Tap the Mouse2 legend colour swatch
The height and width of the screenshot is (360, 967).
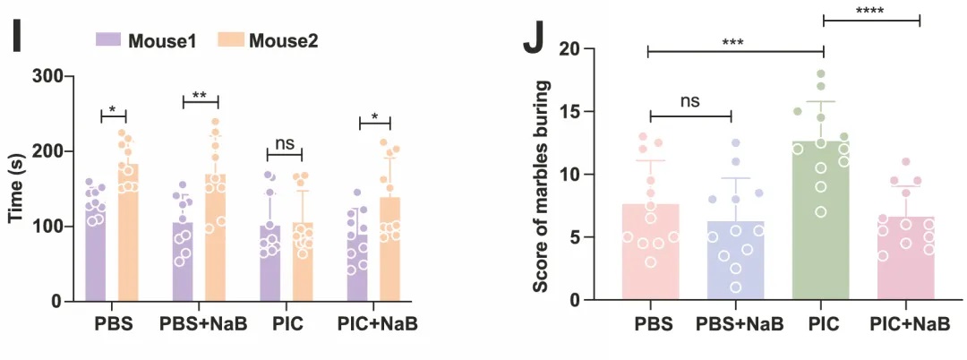coord(230,39)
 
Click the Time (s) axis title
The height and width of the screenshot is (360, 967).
coord(15,188)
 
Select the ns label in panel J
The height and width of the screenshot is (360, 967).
coord(689,102)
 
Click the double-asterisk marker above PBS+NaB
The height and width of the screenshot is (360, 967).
coord(200,94)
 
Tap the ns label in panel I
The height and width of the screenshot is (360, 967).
coord(285,141)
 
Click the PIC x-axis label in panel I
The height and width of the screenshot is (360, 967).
coord(284,323)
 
